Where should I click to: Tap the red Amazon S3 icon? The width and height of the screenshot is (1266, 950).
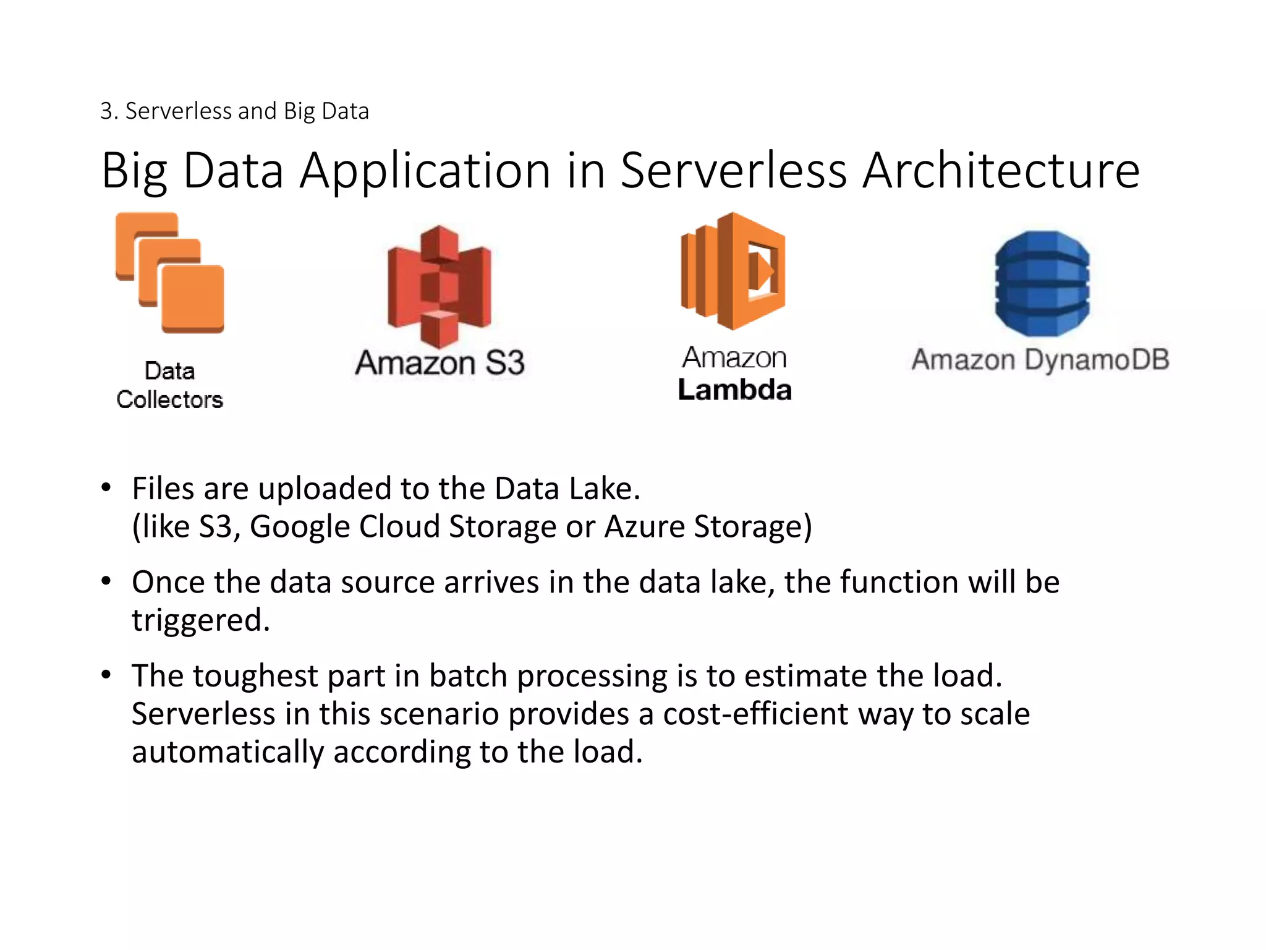pyautogui.click(x=440, y=286)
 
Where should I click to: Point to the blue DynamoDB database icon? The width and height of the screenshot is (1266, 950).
pyautogui.click(x=1042, y=284)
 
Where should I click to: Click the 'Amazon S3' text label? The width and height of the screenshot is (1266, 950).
pyautogui.click(x=440, y=362)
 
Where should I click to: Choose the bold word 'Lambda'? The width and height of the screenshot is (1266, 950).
pyautogui.click(x=734, y=390)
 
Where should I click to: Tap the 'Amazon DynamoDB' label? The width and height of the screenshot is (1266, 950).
pyautogui.click(x=1040, y=360)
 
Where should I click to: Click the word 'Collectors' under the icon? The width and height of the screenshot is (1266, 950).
pyautogui.click(x=170, y=400)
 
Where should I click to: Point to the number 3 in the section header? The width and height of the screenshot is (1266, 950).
pyautogui.click(x=106, y=111)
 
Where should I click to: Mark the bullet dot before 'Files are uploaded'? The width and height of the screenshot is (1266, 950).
pyautogui.click(x=106, y=487)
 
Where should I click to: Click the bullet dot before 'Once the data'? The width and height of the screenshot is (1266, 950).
pyautogui.click(x=106, y=581)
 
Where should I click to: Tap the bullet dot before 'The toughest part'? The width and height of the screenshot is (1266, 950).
pyautogui.click(x=106, y=675)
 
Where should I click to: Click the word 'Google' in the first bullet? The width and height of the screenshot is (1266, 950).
pyautogui.click(x=300, y=527)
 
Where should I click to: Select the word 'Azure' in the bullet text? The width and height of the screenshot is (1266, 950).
pyautogui.click(x=644, y=527)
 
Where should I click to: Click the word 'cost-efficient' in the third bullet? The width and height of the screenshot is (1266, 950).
pyautogui.click(x=755, y=714)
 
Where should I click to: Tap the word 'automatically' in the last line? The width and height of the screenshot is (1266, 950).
pyautogui.click(x=227, y=752)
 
